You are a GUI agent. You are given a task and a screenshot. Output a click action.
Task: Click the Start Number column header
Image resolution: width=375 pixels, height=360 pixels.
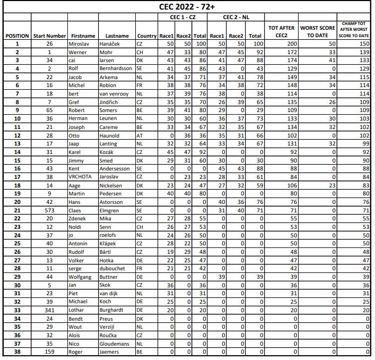click(x=49, y=36)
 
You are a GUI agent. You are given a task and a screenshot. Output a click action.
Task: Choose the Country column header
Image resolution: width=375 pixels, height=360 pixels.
click(x=146, y=36)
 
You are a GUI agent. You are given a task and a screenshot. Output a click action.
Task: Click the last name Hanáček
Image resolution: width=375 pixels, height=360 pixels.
click(x=111, y=44)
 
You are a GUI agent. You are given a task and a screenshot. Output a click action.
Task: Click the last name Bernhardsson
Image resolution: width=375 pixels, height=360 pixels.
click(x=117, y=69)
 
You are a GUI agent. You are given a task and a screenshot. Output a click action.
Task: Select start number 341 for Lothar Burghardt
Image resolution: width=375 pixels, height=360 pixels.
click(x=49, y=309)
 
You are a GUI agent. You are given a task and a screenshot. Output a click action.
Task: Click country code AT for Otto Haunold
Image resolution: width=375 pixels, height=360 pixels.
click(x=139, y=135)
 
